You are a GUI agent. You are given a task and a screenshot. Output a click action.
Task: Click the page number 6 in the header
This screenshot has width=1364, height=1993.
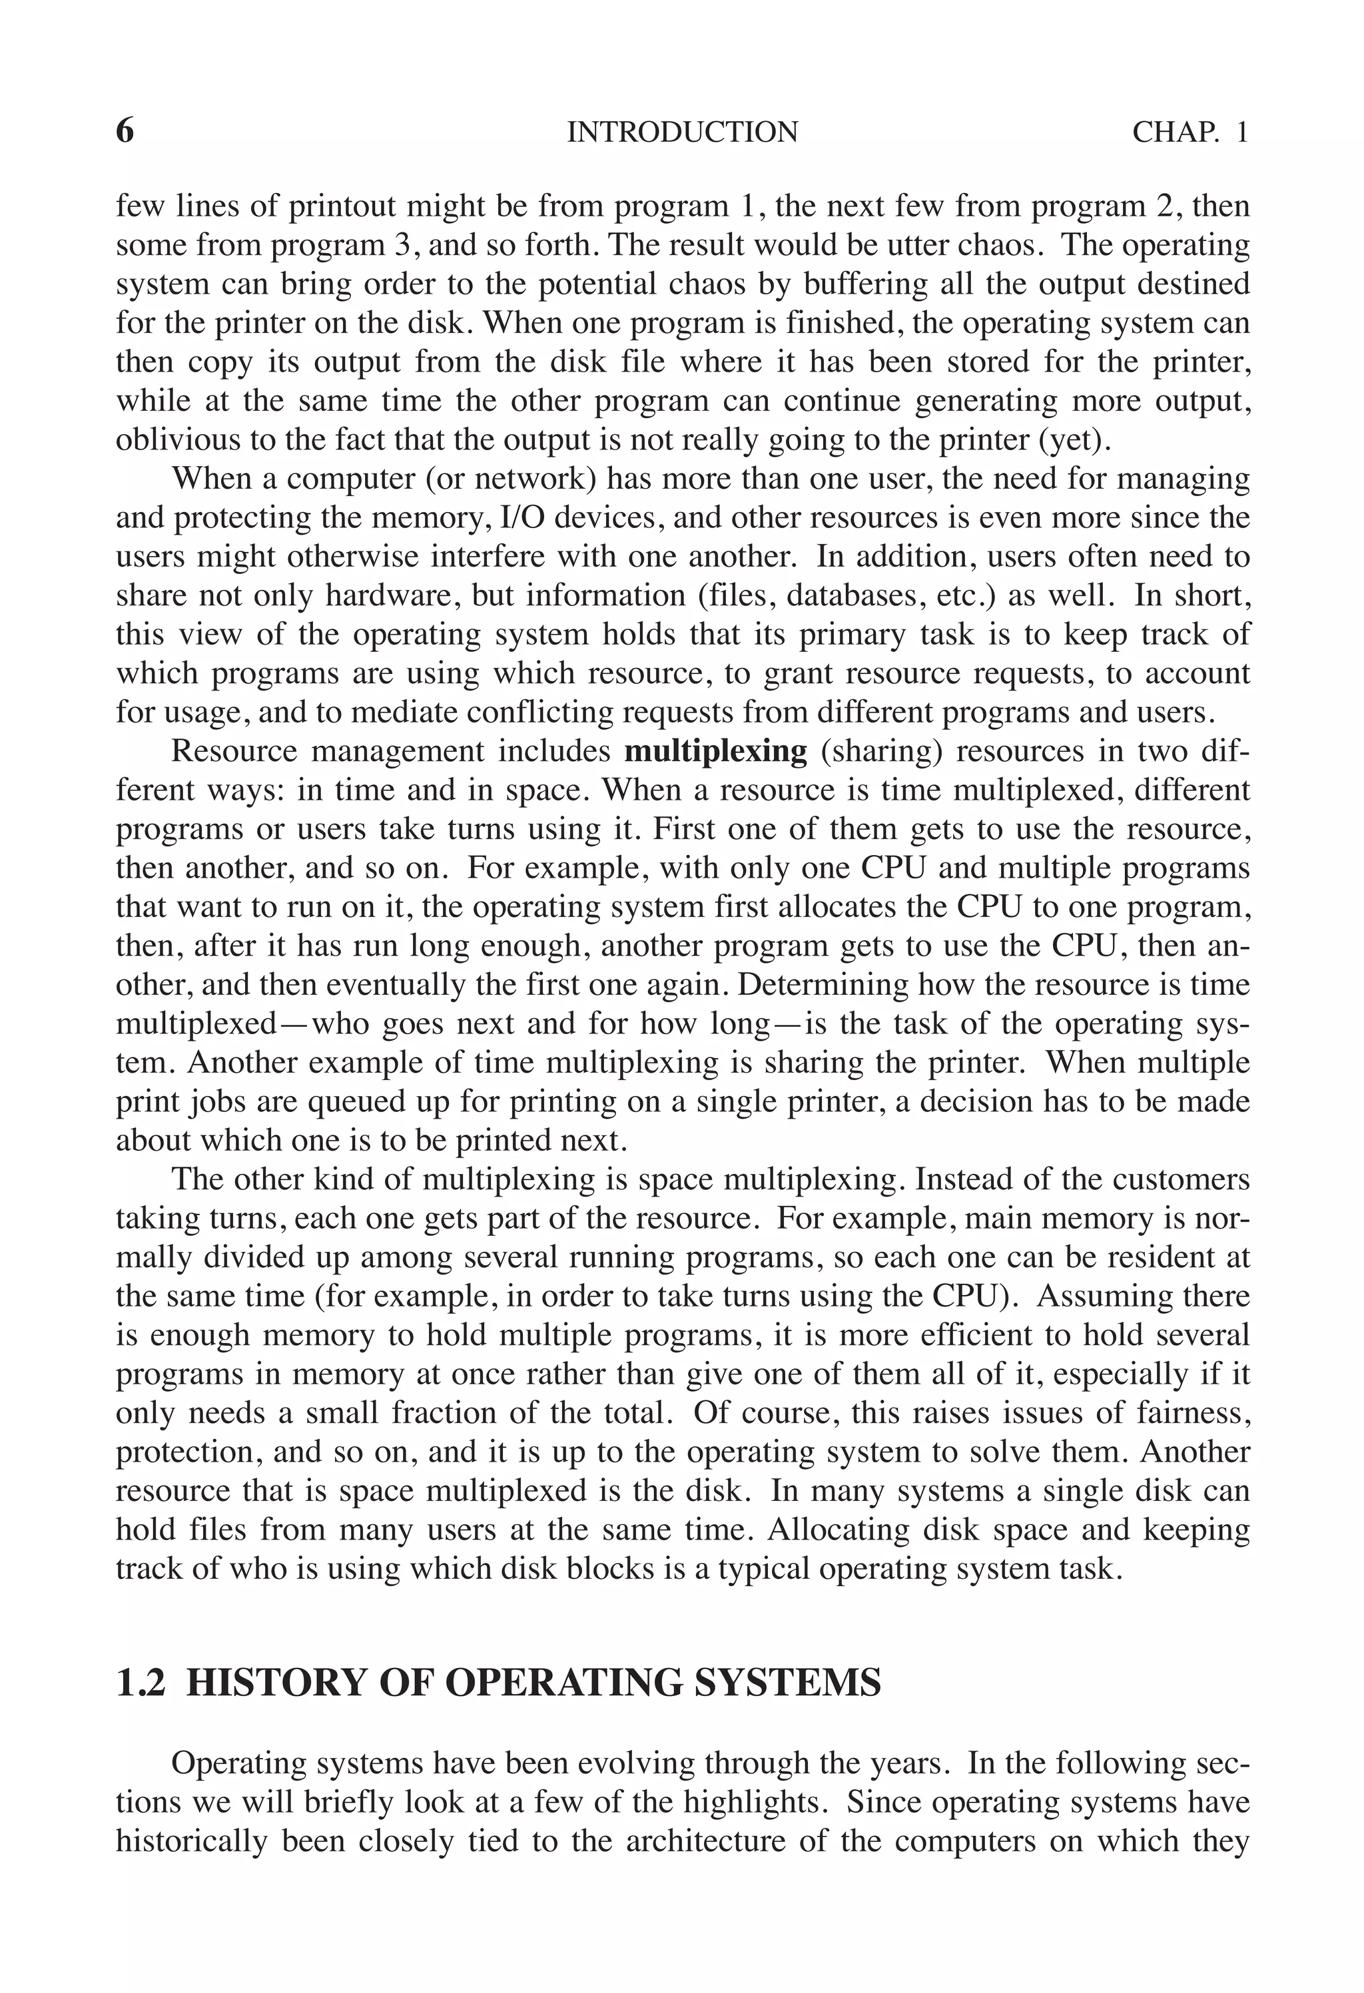(x=125, y=131)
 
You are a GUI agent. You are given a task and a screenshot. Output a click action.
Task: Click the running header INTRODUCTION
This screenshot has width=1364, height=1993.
(x=682, y=132)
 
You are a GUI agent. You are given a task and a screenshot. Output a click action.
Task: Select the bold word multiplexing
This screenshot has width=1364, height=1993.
(x=715, y=751)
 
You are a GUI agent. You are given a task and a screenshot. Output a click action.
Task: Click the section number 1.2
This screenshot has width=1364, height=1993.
(x=140, y=1683)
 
